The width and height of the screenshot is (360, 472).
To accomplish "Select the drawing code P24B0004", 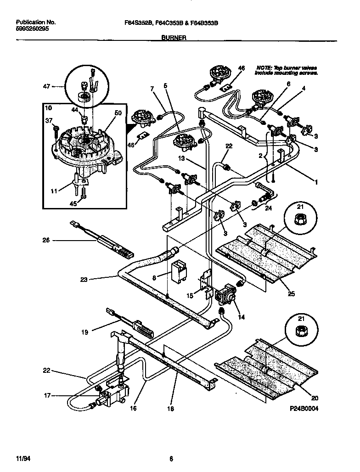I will coord(304,408).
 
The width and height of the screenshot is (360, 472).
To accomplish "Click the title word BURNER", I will coord(174,39).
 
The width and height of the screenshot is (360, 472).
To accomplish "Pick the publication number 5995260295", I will coord(33,28).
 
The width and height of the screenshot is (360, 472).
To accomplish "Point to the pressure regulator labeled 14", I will coord(225,294).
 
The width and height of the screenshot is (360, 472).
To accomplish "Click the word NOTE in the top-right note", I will coord(264,67).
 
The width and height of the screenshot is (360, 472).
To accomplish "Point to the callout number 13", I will coord(183,159).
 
